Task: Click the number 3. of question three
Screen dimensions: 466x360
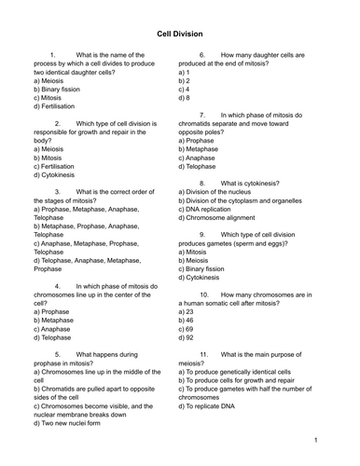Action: pos(58,192)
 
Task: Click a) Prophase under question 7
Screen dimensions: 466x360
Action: pos(202,131)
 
